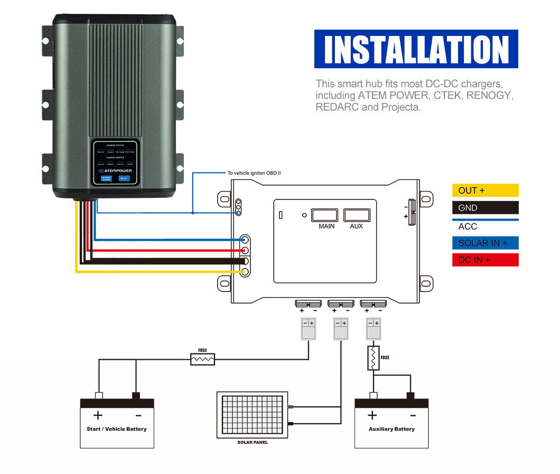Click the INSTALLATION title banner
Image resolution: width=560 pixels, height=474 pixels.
[416, 49]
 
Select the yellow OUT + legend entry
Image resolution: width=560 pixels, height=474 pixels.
[485, 190]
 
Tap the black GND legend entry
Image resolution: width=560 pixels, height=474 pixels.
[485, 208]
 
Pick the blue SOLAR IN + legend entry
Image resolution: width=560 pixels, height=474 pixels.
[485, 243]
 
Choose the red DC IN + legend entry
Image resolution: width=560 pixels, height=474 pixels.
[485, 260]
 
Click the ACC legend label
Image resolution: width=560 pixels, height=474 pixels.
[468, 226]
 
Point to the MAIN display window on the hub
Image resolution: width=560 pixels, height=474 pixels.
[324, 215]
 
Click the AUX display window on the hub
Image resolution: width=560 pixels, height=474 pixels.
[357, 215]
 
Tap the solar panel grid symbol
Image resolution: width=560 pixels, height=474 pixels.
[252, 415]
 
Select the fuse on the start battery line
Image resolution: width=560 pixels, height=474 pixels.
[203, 359]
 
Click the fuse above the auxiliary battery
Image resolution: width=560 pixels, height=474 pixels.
[374, 358]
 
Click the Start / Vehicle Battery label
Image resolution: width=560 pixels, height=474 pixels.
[117, 429]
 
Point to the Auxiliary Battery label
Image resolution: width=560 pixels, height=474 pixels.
[391, 429]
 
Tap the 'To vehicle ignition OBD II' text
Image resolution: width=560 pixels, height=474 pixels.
[254, 173]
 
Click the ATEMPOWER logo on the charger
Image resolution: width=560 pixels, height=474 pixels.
[115, 170]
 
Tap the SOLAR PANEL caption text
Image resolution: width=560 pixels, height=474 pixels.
[252, 442]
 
